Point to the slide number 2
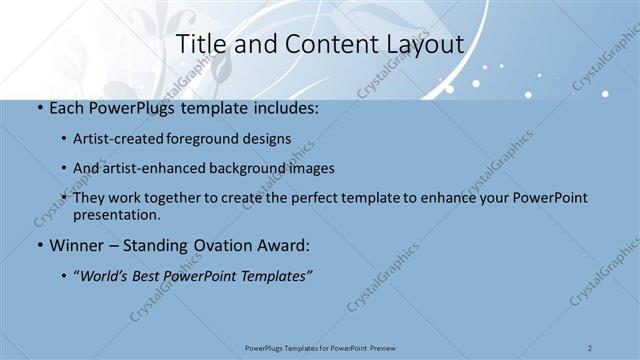[x=590, y=347]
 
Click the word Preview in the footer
[x=379, y=347]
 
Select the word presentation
[x=117, y=214]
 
